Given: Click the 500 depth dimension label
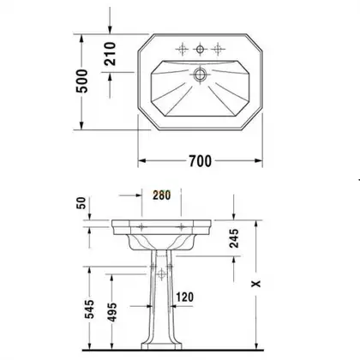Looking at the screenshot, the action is (x=82, y=81).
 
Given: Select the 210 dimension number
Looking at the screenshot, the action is (x=110, y=53).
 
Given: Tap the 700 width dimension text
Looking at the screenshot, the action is (x=200, y=161).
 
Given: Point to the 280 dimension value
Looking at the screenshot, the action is (x=161, y=195).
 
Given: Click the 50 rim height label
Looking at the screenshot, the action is (x=81, y=203).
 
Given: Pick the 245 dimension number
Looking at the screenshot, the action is (x=234, y=238).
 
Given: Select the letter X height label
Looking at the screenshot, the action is (x=256, y=284).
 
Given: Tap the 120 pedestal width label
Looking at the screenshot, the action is (x=184, y=297).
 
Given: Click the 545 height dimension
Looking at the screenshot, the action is (x=90, y=309).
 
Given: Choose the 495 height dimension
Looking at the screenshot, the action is (x=112, y=312).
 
